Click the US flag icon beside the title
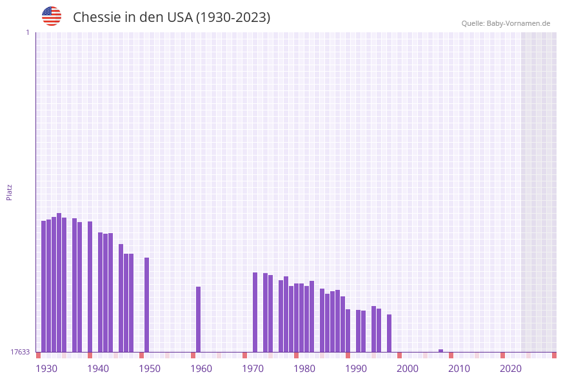(x=52, y=16)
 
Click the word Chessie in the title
(x=97, y=17)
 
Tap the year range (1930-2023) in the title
(x=233, y=17)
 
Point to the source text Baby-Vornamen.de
(x=519, y=23)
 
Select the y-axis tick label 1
(x=27, y=32)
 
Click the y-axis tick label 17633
(x=20, y=352)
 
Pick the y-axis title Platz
(x=10, y=192)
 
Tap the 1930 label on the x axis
(x=46, y=369)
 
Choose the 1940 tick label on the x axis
(x=98, y=369)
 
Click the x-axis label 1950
(x=150, y=369)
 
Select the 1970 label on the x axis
(x=253, y=369)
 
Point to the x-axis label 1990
(x=356, y=369)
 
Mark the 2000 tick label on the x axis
(x=408, y=369)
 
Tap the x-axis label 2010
(x=459, y=369)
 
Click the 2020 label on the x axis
(x=511, y=369)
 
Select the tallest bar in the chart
(x=59, y=282)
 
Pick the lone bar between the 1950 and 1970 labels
(x=199, y=319)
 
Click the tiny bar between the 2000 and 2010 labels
(x=441, y=351)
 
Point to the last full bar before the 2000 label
(x=390, y=333)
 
